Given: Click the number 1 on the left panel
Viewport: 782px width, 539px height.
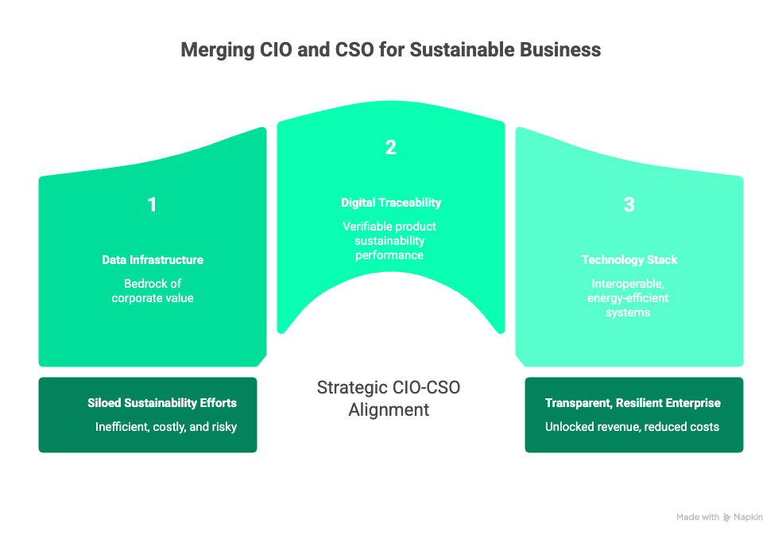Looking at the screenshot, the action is (x=152, y=205).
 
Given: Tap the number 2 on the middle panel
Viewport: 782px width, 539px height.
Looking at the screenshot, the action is (x=390, y=147).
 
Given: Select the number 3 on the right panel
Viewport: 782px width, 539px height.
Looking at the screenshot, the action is (x=629, y=205).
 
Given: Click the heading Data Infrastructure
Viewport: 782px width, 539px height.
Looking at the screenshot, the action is (x=153, y=260).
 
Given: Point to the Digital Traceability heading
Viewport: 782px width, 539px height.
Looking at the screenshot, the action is (x=391, y=203).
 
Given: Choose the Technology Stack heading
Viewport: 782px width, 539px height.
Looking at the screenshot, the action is (x=629, y=260).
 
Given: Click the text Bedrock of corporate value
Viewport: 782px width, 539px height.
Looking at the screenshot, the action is (x=153, y=291).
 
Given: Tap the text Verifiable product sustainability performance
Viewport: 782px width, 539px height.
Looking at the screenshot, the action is (x=390, y=241).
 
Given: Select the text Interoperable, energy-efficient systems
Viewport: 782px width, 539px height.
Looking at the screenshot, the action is (x=629, y=298).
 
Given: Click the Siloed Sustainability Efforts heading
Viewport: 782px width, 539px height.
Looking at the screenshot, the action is (x=162, y=403).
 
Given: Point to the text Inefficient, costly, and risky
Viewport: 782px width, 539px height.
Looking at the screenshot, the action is (x=166, y=427).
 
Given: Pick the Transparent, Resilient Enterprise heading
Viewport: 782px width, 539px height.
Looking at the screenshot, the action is (x=632, y=403).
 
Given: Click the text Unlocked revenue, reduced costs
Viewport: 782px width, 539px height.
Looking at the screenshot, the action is (x=632, y=427).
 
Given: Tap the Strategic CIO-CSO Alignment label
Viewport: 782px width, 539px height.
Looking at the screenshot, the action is (x=389, y=399).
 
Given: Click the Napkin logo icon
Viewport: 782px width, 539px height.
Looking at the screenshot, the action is (x=727, y=518).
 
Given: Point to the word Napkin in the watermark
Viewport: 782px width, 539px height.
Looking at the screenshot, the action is (x=749, y=518).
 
